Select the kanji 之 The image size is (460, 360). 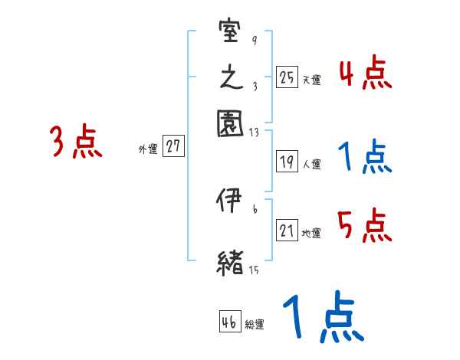230,79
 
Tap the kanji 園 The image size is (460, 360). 231,123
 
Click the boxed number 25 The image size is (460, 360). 287,77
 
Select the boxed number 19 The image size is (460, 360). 287,162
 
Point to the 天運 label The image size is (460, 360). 310,80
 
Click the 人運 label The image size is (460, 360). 310,164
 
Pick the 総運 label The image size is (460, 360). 255,325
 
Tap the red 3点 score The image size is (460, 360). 76,142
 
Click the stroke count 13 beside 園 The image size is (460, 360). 253,133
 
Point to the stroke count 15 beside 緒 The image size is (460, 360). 253,270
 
